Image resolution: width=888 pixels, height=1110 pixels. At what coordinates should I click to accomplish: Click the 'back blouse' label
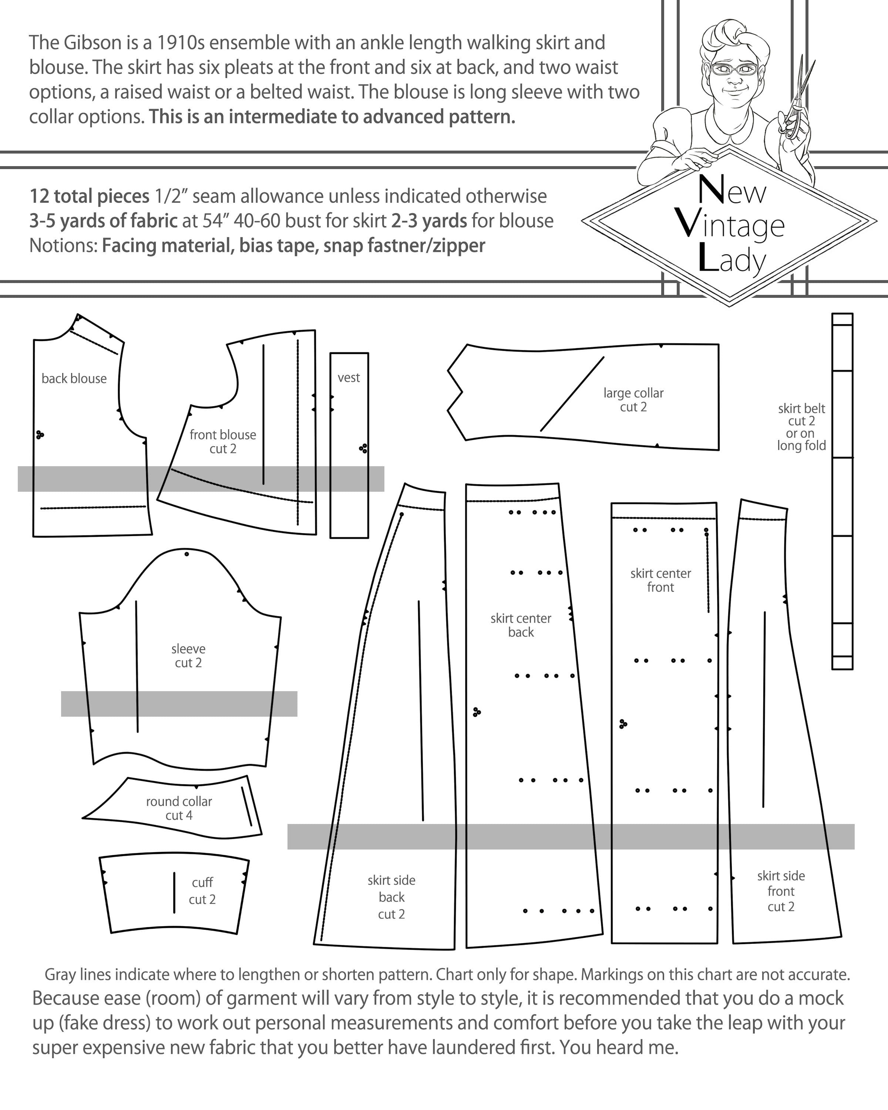(x=74, y=379)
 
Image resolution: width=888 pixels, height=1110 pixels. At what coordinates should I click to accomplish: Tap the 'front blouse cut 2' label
(x=222, y=442)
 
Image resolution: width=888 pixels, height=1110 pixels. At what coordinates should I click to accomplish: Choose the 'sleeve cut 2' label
(x=188, y=655)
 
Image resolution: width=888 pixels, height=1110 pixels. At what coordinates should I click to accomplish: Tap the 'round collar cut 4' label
(x=179, y=808)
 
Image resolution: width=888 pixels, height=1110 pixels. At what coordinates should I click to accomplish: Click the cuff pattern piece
(x=175, y=894)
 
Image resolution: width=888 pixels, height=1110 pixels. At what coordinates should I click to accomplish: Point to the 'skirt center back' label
(x=521, y=625)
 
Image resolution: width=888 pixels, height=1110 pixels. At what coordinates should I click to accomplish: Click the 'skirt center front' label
(x=660, y=580)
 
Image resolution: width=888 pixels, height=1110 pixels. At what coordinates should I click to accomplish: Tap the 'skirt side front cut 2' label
(x=781, y=891)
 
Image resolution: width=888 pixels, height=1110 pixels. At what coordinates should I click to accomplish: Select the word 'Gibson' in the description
(x=92, y=43)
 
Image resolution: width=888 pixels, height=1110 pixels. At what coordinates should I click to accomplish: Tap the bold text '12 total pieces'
(x=89, y=196)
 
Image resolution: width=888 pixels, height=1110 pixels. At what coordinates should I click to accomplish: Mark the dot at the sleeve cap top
(x=187, y=554)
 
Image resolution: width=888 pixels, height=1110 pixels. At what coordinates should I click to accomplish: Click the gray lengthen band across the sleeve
(x=179, y=704)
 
